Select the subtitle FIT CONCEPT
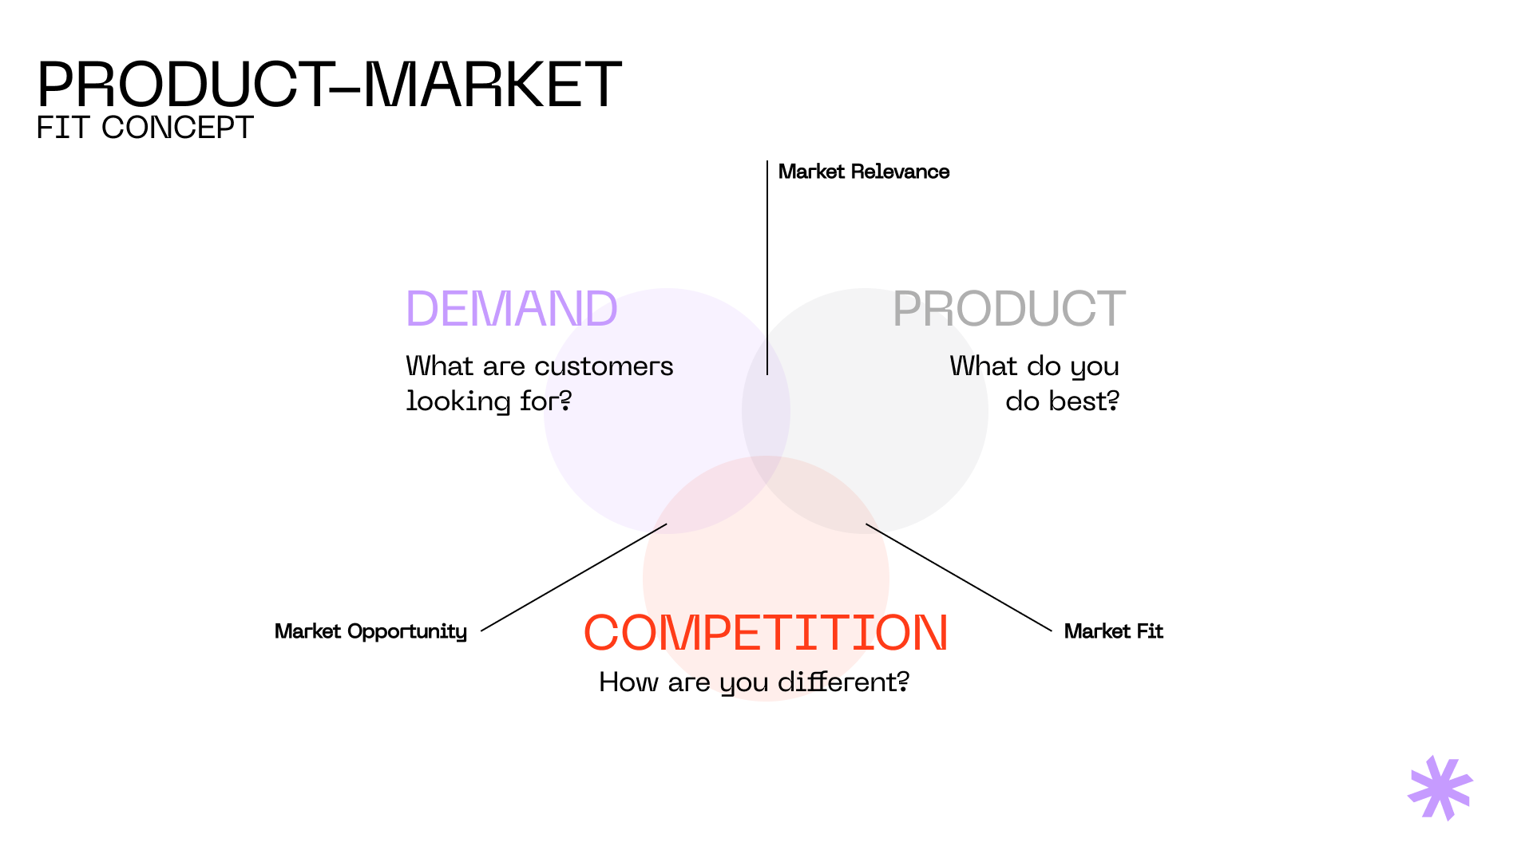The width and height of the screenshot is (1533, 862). pos(145,128)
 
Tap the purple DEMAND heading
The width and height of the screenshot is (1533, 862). pos(511,309)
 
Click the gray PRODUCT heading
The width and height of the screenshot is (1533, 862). pos(1008,309)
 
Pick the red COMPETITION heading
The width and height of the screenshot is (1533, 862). pos(765,633)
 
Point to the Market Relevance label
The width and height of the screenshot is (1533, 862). pos(863,172)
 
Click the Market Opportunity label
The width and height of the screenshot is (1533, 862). pos(370,631)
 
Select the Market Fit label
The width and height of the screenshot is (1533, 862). pos(1113,631)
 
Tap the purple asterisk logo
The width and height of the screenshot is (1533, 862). pos(1440,788)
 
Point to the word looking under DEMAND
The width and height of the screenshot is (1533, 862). pos(458,401)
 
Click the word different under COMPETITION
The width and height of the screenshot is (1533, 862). pos(842,682)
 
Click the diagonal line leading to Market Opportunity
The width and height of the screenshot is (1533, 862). pos(573,578)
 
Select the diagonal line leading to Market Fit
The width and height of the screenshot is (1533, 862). pos(959,578)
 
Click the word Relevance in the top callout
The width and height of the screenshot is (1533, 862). pos(900,172)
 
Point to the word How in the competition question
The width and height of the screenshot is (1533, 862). pos(628,682)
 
